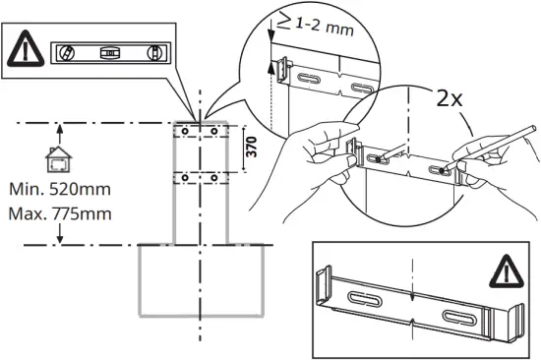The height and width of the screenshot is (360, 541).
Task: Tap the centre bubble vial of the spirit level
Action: [x=111, y=52]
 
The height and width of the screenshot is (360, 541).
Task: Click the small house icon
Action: [x=60, y=158]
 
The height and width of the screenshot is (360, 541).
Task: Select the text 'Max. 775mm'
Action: [x=60, y=212]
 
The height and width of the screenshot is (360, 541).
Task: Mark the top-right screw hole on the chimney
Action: [x=216, y=130]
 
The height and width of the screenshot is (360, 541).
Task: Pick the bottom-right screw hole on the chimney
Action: [x=216, y=177]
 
